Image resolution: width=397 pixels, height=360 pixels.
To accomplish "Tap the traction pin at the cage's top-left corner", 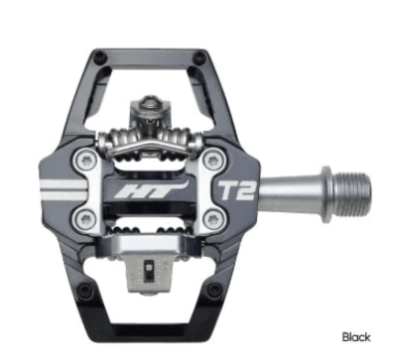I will [97, 57].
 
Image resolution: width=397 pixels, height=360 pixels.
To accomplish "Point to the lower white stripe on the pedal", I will [69, 195].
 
